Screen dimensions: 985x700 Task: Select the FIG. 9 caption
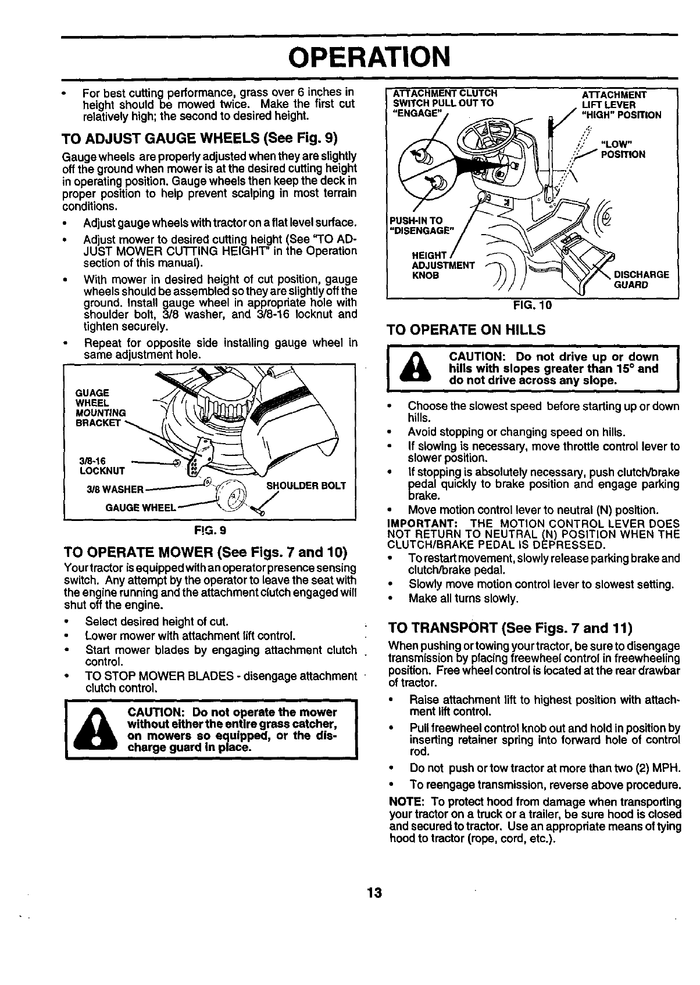[210, 530]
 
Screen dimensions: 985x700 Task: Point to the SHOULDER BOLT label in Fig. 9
[306, 486]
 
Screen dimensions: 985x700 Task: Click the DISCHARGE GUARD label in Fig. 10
[641, 279]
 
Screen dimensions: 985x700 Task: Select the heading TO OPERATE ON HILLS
[466, 330]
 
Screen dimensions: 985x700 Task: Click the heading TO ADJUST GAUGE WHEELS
[199, 139]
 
